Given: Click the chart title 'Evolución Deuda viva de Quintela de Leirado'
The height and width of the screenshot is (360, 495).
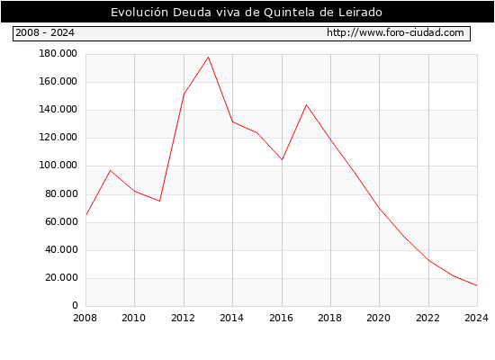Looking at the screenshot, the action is pos(247,12).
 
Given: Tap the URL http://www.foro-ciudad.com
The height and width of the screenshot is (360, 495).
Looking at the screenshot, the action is pos(395,32).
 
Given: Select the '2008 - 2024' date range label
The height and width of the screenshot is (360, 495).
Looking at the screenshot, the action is pos(45,32).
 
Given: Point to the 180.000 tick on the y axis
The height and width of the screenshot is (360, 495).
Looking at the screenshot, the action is pos(58,54).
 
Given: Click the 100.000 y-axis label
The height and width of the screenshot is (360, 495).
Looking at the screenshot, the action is pos(58,166).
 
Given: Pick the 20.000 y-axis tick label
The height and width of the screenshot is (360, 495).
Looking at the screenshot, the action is pos(61,277).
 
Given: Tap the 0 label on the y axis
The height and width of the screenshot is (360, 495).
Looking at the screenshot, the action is pos(75,305).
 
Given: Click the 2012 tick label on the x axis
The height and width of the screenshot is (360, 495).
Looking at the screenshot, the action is pos(183,318).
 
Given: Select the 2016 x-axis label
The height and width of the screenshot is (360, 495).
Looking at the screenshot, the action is pos(282,318).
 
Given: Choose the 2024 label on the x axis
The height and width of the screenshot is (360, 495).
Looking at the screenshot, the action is pos(476,318).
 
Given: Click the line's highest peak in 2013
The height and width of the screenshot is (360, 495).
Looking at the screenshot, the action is pos(209,58).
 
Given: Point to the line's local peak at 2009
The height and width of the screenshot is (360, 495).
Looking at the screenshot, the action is pos(110,170).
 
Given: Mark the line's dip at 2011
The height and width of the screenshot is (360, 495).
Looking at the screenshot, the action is pos(159,202).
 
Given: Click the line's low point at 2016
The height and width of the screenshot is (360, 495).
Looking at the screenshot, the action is pos(282,160).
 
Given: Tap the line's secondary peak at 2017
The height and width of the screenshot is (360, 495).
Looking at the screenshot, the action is pos(306,104).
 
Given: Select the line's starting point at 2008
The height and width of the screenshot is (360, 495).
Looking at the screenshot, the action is pos(86,215).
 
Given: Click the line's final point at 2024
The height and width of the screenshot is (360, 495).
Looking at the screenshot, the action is pos(477,286).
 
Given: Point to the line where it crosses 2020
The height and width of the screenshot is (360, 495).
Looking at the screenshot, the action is pos(380,209).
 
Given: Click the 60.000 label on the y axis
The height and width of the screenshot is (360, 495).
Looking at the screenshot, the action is pos(61,221).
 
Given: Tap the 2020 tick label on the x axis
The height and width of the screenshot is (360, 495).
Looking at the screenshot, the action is pos(379,318).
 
